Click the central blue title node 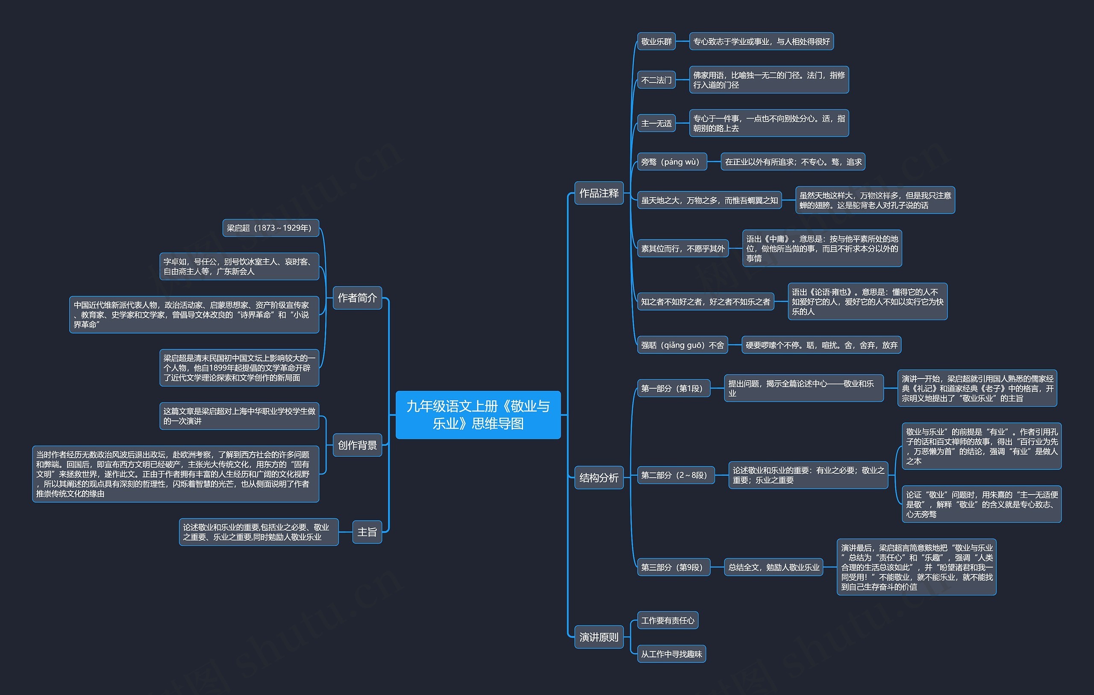tap(478, 414)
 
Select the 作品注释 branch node tap(599, 193)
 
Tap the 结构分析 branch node tap(599, 477)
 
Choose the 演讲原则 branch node tap(599, 637)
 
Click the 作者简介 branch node tap(357, 298)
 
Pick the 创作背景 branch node tap(357, 445)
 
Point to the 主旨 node tap(367, 532)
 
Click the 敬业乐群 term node tap(656, 41)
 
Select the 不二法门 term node tap(656, 80)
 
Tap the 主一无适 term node tap(656, 123)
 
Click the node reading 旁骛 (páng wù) tap(672, 162)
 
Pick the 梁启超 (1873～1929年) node tap(271, 228)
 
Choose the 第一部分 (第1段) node tap(674, 388)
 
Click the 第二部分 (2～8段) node tap(676, 475)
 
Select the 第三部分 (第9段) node tap(674, 567)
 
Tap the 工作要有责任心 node tap(668, 620)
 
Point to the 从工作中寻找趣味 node tap(671, 654)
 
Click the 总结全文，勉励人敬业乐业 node tap(773, 567)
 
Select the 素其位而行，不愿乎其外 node tap(683, 248)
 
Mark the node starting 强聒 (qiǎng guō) tap(682, 345)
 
